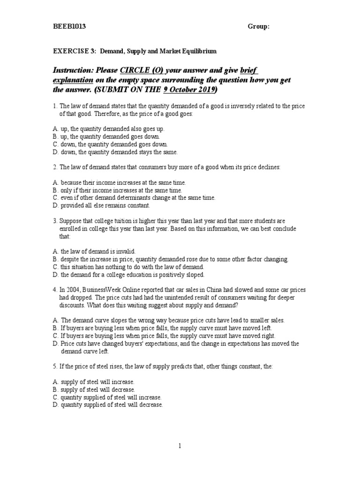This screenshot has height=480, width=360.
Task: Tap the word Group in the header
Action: (x=258, y=27)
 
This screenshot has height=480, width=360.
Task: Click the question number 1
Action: (x=54, y=106)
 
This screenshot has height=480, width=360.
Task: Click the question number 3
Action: (x=54, y=221)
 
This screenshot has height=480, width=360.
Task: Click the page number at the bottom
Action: (x=180, y=446)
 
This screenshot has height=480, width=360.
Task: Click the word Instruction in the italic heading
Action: (x=72, y=70)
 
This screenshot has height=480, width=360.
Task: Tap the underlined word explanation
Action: (x=71, y=80)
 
